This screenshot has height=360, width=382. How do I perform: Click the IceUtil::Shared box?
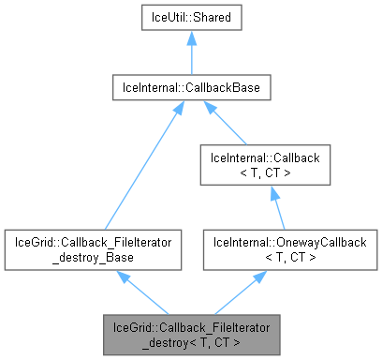[191, 17]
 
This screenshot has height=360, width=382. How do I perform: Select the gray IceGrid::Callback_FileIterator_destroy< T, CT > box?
[191, 335]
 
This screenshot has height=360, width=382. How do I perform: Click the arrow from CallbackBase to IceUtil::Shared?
[191, 52]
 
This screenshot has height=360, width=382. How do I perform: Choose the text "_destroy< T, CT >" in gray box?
[191, 342]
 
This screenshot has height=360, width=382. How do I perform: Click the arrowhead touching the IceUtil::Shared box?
[191, 37]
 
